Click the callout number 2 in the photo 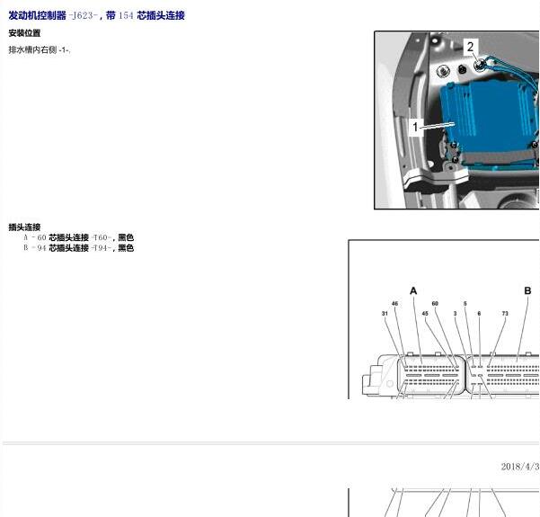point(470,47)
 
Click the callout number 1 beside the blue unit point(415,127)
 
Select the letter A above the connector point(413,291)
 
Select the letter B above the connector point(527,291)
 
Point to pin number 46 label point(394,304)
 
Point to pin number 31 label point(385,313)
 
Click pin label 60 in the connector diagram point(435,304)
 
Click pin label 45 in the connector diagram point(425,313)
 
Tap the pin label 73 point(505,313)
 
